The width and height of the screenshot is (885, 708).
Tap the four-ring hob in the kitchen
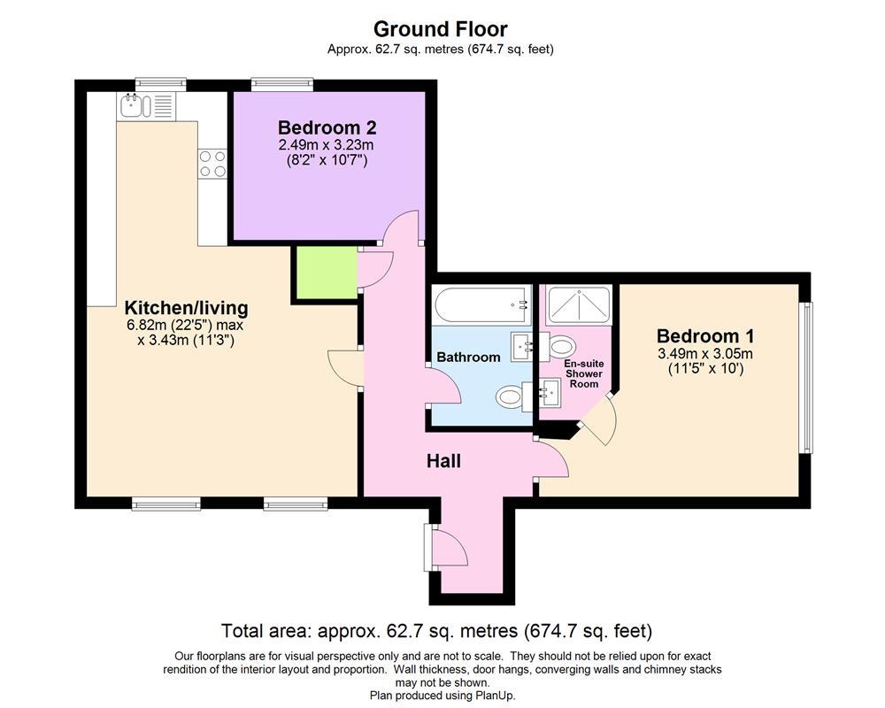[212, 163]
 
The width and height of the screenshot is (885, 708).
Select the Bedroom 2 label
[327, 127]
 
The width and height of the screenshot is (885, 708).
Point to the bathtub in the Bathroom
[482, 304]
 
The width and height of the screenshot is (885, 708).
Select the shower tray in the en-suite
[579, 304]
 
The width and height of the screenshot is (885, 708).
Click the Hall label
[443, 461]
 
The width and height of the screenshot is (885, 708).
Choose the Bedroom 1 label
[705, 336]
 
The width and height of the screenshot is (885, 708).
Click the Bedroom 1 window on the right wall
[808, 378]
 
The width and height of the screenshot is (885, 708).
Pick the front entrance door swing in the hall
[449, 547]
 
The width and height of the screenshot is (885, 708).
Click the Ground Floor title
[440, 28]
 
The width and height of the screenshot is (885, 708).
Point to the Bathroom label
[468, 357]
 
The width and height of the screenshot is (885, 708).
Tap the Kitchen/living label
[186, 308]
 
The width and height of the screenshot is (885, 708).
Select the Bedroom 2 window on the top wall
[282, 83]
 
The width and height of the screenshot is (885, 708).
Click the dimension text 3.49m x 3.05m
[705, 354]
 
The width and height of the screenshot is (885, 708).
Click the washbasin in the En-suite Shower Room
[548, 393]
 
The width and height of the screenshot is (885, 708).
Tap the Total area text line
[436, 630]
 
